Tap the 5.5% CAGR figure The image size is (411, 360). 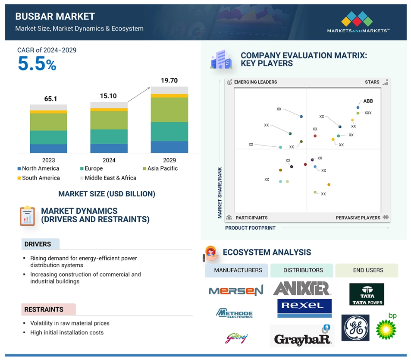37,64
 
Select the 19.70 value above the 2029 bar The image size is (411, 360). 169,80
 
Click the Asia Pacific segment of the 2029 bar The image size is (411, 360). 169,110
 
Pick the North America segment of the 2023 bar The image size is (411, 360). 48,148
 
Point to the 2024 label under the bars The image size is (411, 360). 109,160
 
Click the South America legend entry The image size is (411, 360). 38,178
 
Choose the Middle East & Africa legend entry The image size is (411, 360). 108,178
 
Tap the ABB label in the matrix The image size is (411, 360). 368,101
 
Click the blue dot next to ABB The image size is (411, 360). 358,107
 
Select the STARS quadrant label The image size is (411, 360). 372,82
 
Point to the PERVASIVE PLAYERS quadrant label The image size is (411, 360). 358,218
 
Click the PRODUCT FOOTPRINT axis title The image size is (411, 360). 250,228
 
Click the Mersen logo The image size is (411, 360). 236,290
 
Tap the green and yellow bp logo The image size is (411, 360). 386,326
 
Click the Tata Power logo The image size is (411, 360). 367,294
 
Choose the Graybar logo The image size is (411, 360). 302,336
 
